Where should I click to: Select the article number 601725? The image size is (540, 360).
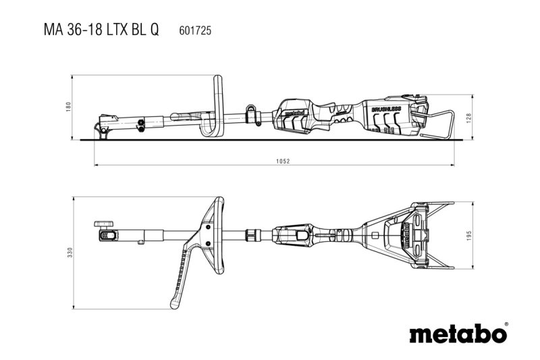[194, 30]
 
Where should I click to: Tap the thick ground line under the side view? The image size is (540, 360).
[270, 141]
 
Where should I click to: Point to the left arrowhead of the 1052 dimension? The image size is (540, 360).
[96, 164]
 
